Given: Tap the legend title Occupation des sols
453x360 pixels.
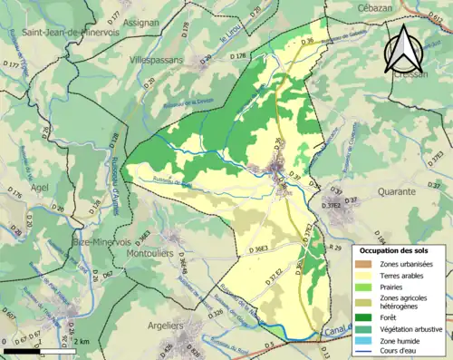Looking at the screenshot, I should tap(396, 249).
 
